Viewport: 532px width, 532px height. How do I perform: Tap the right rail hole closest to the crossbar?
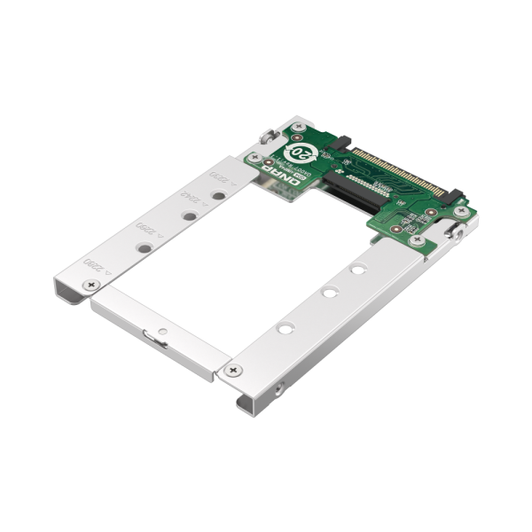point(283,328)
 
